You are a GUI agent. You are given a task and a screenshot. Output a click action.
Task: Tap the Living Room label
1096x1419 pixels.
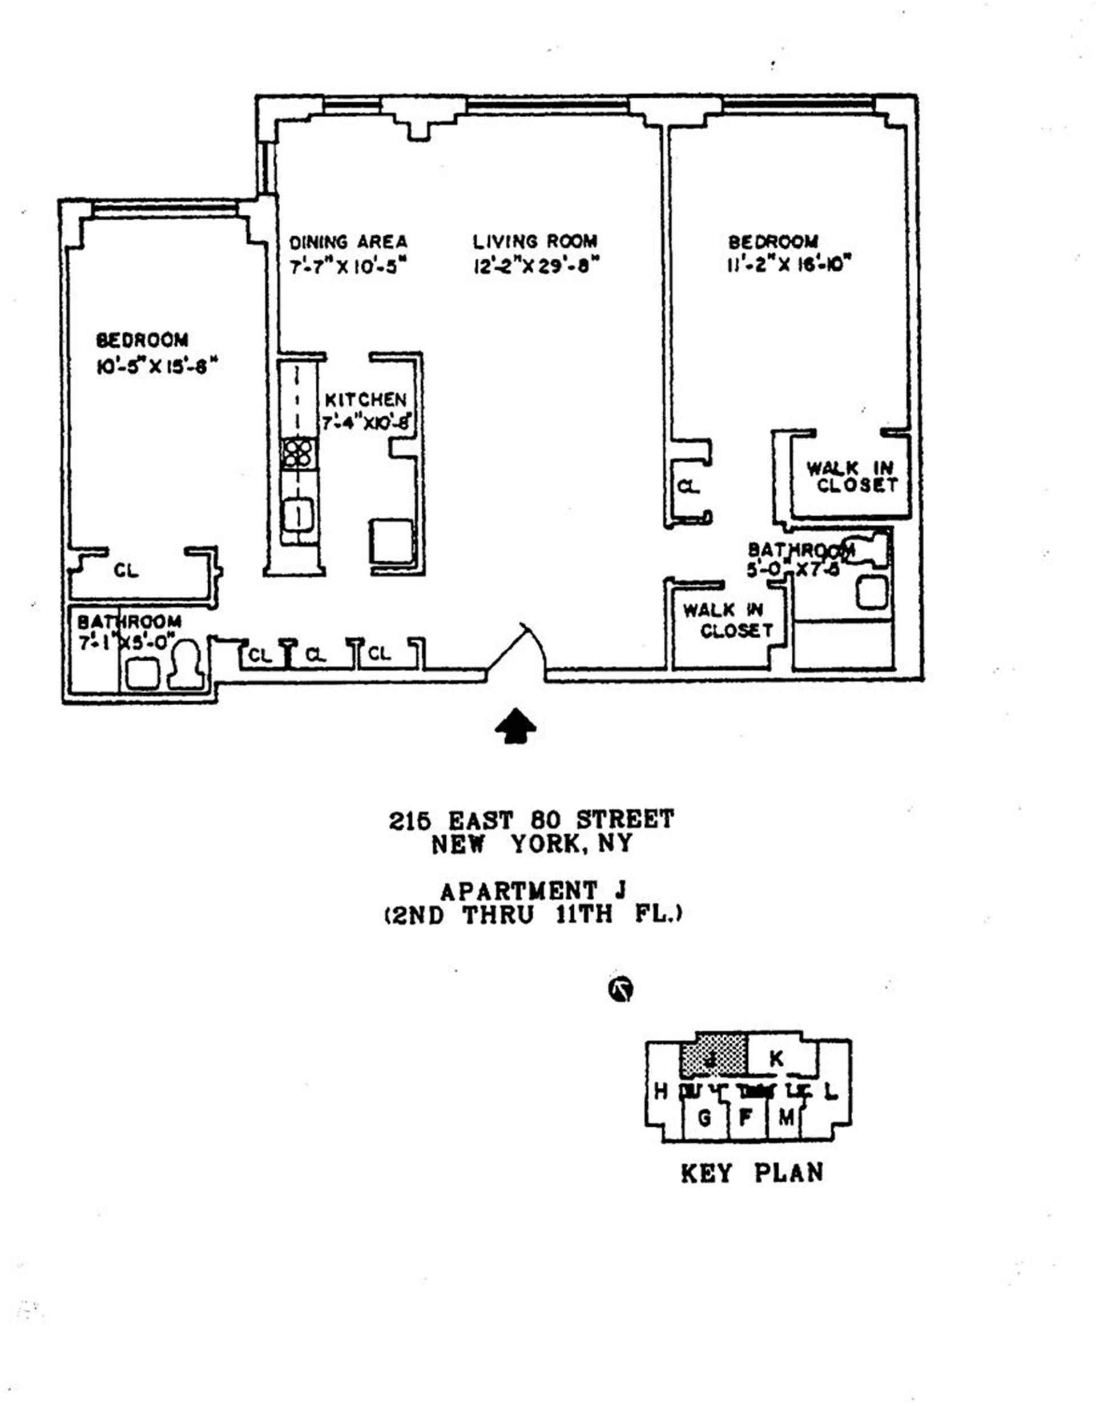coord(535,242)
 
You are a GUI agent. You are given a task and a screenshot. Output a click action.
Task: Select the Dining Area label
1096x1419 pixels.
coord(348,242)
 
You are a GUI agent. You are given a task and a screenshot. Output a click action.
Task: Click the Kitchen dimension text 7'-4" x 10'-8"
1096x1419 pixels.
coord(368,423)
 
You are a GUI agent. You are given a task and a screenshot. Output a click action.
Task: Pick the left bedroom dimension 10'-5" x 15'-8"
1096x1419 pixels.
coord(156,367)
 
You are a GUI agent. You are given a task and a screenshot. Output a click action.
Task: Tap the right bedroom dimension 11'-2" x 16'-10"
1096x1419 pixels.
coord(789,265)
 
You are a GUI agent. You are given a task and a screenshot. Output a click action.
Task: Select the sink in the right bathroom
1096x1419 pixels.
coord(871,593)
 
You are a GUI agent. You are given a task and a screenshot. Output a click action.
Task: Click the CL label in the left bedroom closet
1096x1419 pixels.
coord(126,570)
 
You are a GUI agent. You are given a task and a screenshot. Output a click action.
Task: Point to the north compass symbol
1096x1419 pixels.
coord(620,990)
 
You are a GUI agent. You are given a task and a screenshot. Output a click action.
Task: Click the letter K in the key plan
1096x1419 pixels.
coord(776,1059)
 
